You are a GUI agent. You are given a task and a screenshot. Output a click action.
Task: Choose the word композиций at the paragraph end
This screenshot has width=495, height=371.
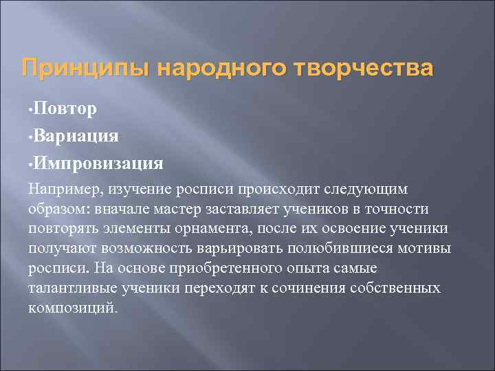coord(72,308)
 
